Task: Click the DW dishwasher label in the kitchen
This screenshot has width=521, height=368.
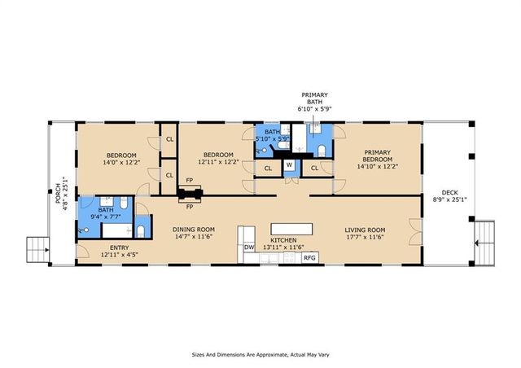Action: pyautogui.click(x=249, y=248)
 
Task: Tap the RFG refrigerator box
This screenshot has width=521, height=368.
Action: pyautogui.click(x=309, y=257)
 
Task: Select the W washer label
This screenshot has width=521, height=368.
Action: pyautogui.click(x=290, y=164)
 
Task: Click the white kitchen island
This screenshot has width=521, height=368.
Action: pyautogui.click(x=291, y=229)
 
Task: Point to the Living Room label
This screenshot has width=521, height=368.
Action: pyautogui.click(x=365, y=230)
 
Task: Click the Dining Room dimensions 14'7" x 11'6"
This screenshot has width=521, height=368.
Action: pyautogui.click(x=194, y=237)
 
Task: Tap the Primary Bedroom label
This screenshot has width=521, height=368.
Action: pyautogui.click(x=378, y=156)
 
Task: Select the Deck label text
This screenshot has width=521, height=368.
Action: pyautogui.click(x=450, y=192)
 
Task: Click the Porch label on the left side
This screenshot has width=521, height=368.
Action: pyautogui.click(x=58, y=193)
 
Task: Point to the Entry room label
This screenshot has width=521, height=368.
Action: pyautogui.click(x=120, y=248)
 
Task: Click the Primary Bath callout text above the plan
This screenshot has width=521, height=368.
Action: pyautogui.click(x=315, y=99)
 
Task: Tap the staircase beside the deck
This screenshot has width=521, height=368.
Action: pyautogui.click(x=484, y=243)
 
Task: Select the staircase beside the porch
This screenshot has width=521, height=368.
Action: pyautogui.click(x=38, y=250)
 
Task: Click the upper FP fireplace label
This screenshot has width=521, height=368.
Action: pyautogui.click(x=190, y=181)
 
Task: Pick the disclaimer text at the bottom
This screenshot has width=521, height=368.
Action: pyautogui.click(x=260, y=355)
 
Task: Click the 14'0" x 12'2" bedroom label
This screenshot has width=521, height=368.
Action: pyautogui.click(x=121, y=159)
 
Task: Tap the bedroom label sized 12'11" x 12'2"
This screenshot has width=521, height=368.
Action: pyautogui.click(x=218, y=158)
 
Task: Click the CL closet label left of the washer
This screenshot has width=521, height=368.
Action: pyautogui.click(x=268, y=169)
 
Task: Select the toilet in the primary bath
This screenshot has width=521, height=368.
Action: pyautogui.click(x=322, y=151)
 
